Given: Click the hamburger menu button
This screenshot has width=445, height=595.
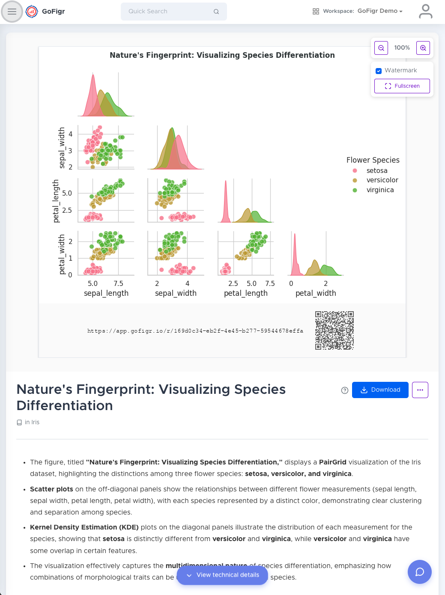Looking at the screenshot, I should [12, 12].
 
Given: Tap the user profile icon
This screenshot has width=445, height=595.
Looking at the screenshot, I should [425, 12].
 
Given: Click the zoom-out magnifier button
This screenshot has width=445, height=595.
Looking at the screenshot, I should [381, 48].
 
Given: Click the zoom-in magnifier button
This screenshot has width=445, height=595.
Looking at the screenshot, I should [423, 48].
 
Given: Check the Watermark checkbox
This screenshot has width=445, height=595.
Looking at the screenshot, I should [379, 71].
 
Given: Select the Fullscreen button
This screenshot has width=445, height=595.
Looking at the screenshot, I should [402, 86].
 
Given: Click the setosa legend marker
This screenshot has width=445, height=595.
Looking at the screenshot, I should [355, 171].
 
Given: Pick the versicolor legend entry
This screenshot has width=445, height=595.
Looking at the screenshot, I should [382, 180].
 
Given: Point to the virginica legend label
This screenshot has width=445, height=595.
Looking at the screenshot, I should [380, 190].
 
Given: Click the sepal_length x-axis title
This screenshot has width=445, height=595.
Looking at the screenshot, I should [106, 293].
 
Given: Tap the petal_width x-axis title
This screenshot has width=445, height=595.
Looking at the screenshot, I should [316, 293].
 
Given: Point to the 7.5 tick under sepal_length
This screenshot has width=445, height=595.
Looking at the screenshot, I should [118, 283].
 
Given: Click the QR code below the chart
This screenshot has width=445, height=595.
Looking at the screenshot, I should [334, 330].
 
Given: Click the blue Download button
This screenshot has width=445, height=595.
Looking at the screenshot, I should [380, 390].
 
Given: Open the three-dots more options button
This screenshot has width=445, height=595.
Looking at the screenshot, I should [420, 390].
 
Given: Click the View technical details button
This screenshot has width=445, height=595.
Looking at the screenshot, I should [222, 575].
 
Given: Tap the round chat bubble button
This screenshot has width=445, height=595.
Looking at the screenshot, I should [419, 572].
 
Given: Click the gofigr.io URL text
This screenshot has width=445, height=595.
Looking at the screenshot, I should [195, 331].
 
